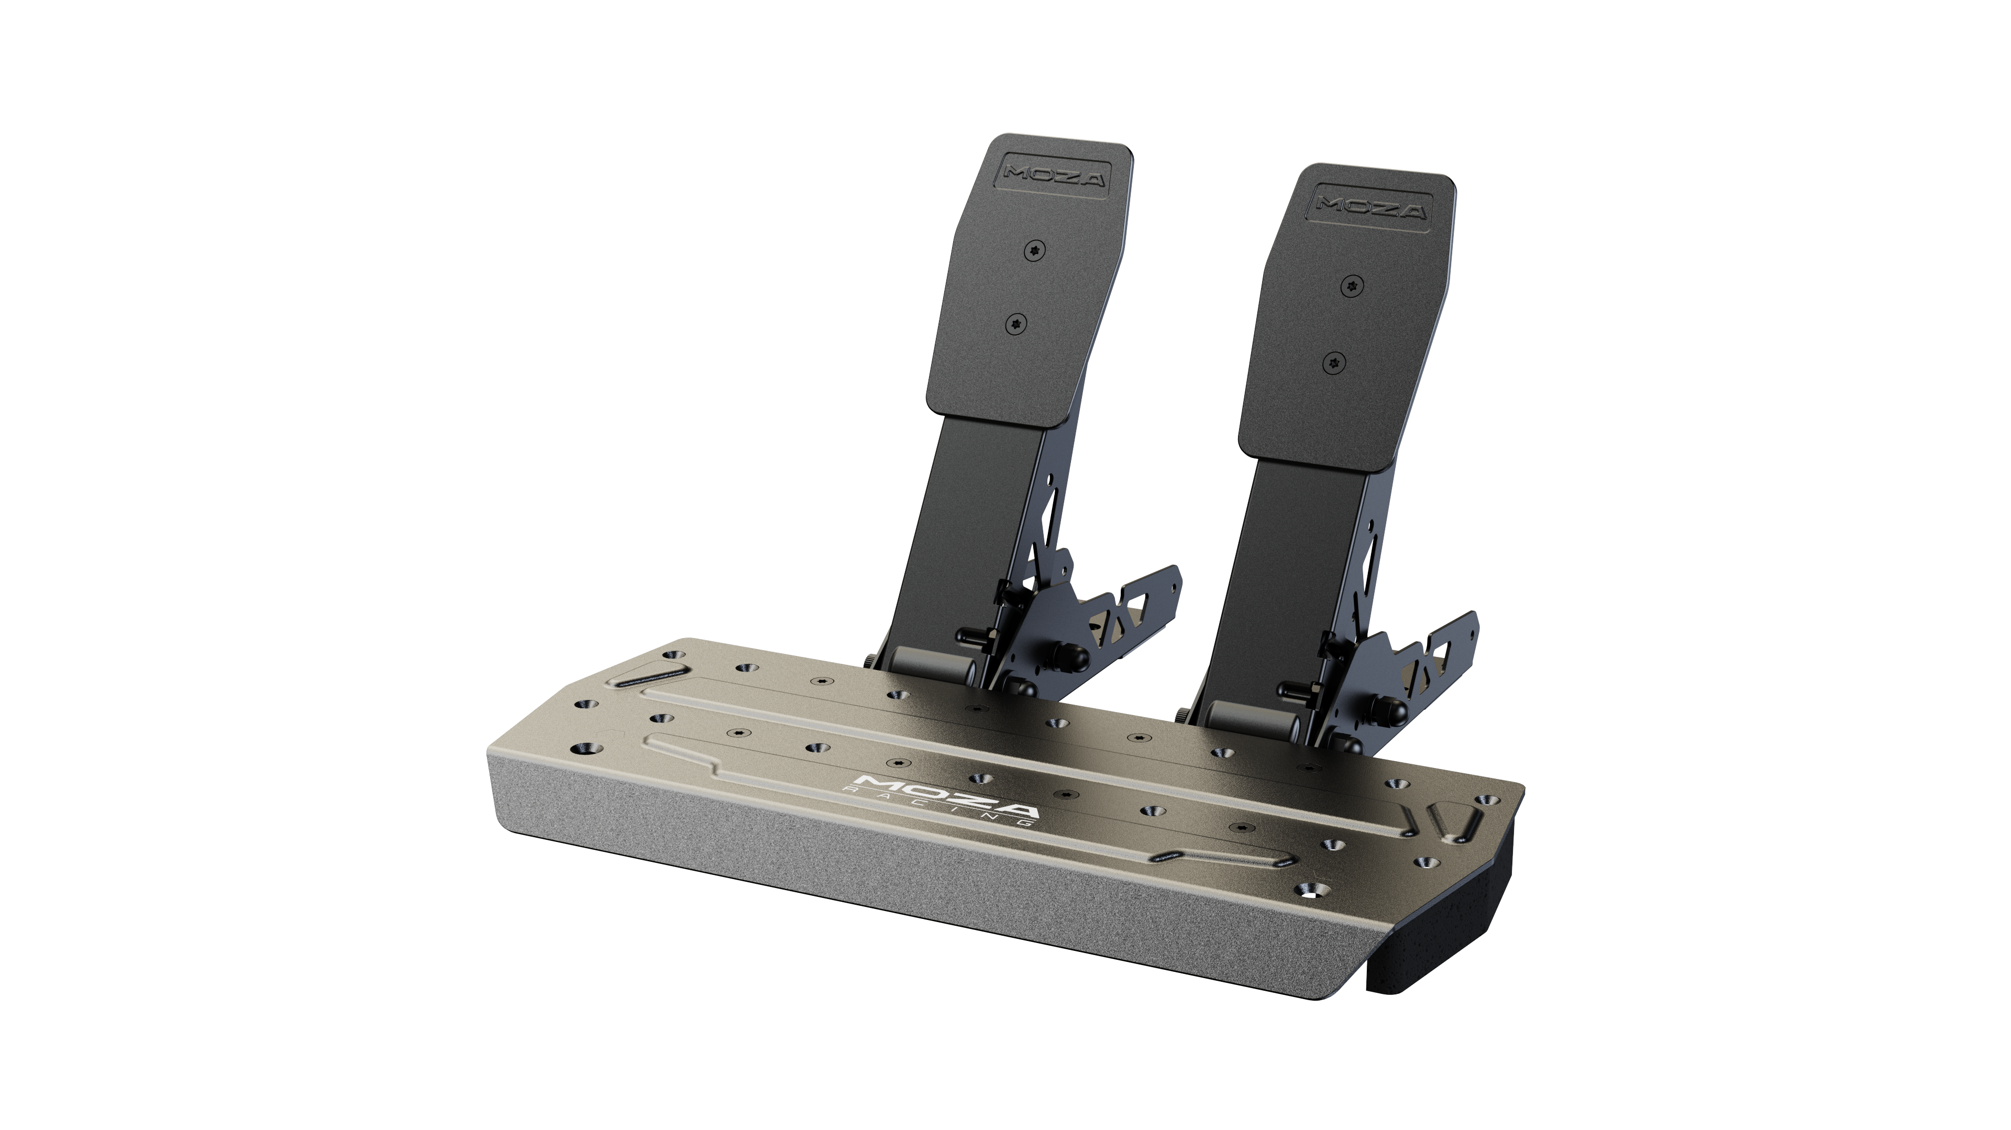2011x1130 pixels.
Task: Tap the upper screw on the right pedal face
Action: (x=1353, y=287)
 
